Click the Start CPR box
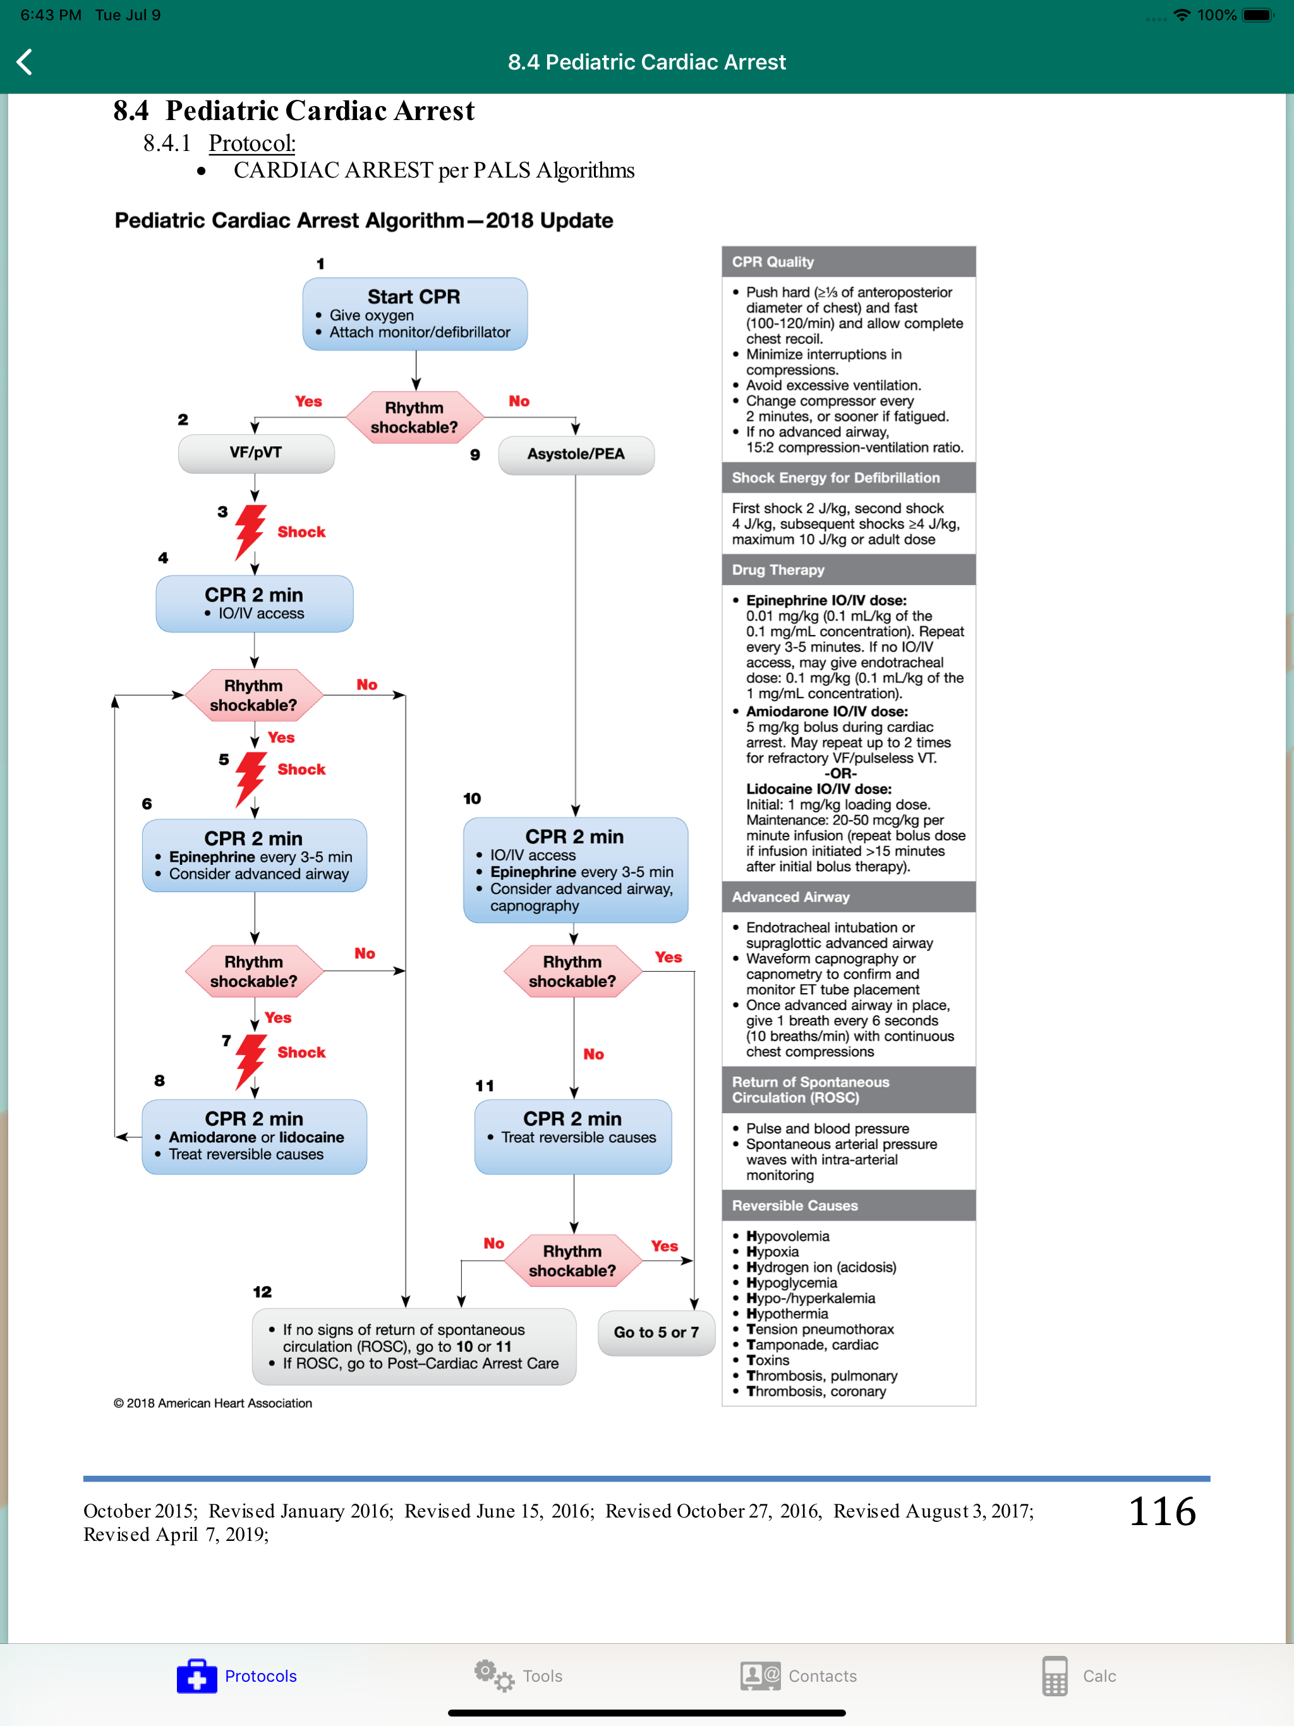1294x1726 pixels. pyautogui.click(x=414, y=314)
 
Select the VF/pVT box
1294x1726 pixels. pyautogui.click(x=256, y=452)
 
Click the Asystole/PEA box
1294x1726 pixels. pyautogui.click(x=576, y=454)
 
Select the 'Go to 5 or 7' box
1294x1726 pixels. pyautogui.click(x=656, y=1333)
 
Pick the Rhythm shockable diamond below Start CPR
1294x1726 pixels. pyautogui.click(x=414, y=418)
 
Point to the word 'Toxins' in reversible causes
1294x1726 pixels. pyautogui.click(x=768, y=1360)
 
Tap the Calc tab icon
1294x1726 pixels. pyautogui.click(x=1055, y=1676)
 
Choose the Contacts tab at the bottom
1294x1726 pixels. pyautogui.click(x=799, y=1676)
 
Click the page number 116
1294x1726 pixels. pyautogui.click(x=1162, y=1511)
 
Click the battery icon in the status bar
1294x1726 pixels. pyautogui.click(x=1258, y=15)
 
